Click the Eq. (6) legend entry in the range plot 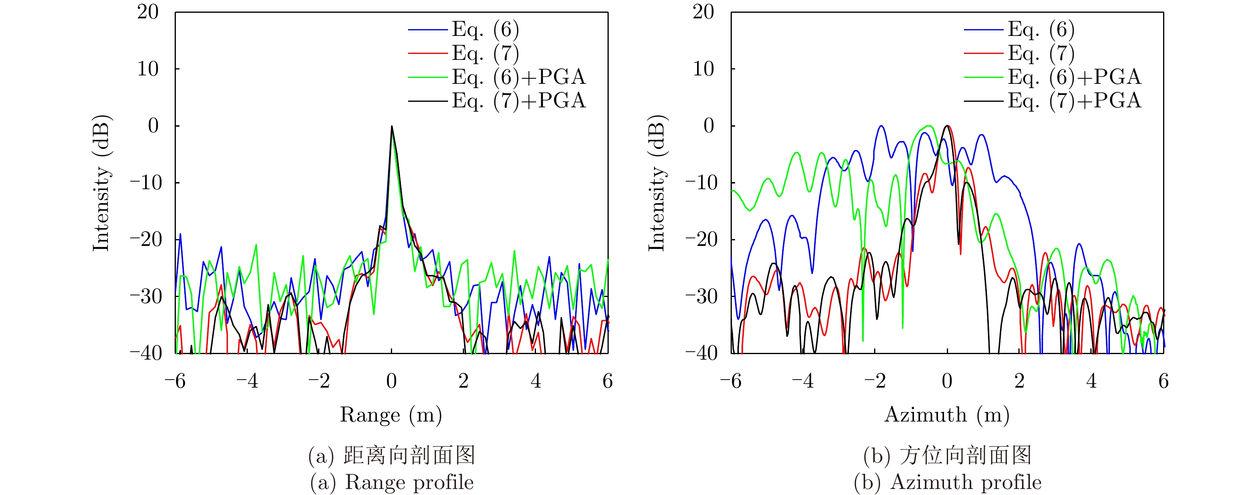click(x=485, y=30)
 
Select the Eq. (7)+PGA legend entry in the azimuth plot click(x=1074, y=101)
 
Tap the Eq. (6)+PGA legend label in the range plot click(x=518, y=77)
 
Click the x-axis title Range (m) click(x=391, y=415)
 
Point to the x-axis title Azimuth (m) click(x=947, y=415)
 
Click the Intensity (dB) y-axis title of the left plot click(x=102, y=183)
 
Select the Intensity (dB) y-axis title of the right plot click(x=657, y=183)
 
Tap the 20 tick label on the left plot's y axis click(x=147, y=12)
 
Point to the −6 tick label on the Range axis click(x=175, y=381)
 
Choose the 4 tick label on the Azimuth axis click(x=1092, y=381)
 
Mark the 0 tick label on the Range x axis click(x=391, y=381)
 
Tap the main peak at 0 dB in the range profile click(x=391, y=127)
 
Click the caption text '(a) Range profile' click(x=391, y=482)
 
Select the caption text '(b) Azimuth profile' click(x=947, y=482)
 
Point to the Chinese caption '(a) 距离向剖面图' click(x=391, y=455)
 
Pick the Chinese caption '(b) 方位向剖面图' click(x=947, y=455)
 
